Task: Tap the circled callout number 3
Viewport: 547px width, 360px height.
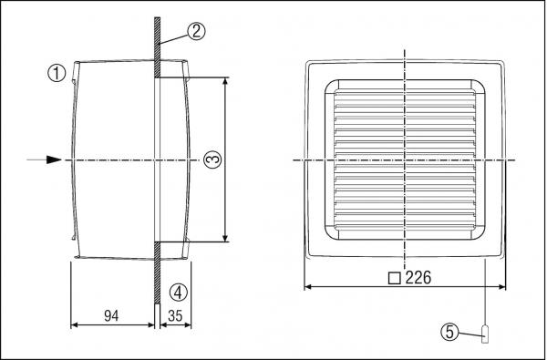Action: click(x=212, y=159)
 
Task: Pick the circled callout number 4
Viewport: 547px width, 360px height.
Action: click(x=179, y=292)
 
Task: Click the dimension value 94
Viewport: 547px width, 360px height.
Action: click(x=111, y=316)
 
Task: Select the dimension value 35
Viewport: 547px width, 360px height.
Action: click(x=176, y=316)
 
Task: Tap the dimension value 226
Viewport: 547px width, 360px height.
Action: click(x=415, y=278)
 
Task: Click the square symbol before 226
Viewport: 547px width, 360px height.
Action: click(x=394, y=278)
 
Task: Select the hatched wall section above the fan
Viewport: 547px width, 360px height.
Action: click(x=157, y=46)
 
